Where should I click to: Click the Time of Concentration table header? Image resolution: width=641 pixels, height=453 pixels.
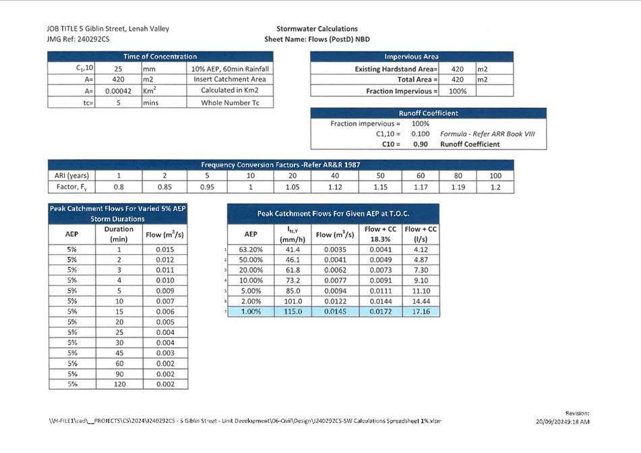point(160,57)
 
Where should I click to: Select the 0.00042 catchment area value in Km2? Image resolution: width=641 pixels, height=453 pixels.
point(117,91)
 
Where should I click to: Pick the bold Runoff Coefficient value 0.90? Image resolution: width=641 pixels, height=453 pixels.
point(420,144)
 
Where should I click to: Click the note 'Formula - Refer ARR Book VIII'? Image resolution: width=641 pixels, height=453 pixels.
point(487,134)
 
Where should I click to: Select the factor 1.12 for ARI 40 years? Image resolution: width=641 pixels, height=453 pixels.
point(335,187)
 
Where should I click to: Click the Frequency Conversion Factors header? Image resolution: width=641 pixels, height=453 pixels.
point(280,165)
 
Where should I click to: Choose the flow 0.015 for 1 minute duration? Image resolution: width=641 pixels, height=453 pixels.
point(164,250)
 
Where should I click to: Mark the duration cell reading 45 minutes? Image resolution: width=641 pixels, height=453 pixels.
point(119,353)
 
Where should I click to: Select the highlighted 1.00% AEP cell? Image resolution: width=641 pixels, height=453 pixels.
point(249,311)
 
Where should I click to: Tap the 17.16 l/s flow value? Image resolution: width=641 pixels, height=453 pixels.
point(421,311)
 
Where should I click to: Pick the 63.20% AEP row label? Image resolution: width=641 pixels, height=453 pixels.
point(249,250)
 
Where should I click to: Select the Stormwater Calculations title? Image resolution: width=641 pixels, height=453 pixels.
point(317,29)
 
